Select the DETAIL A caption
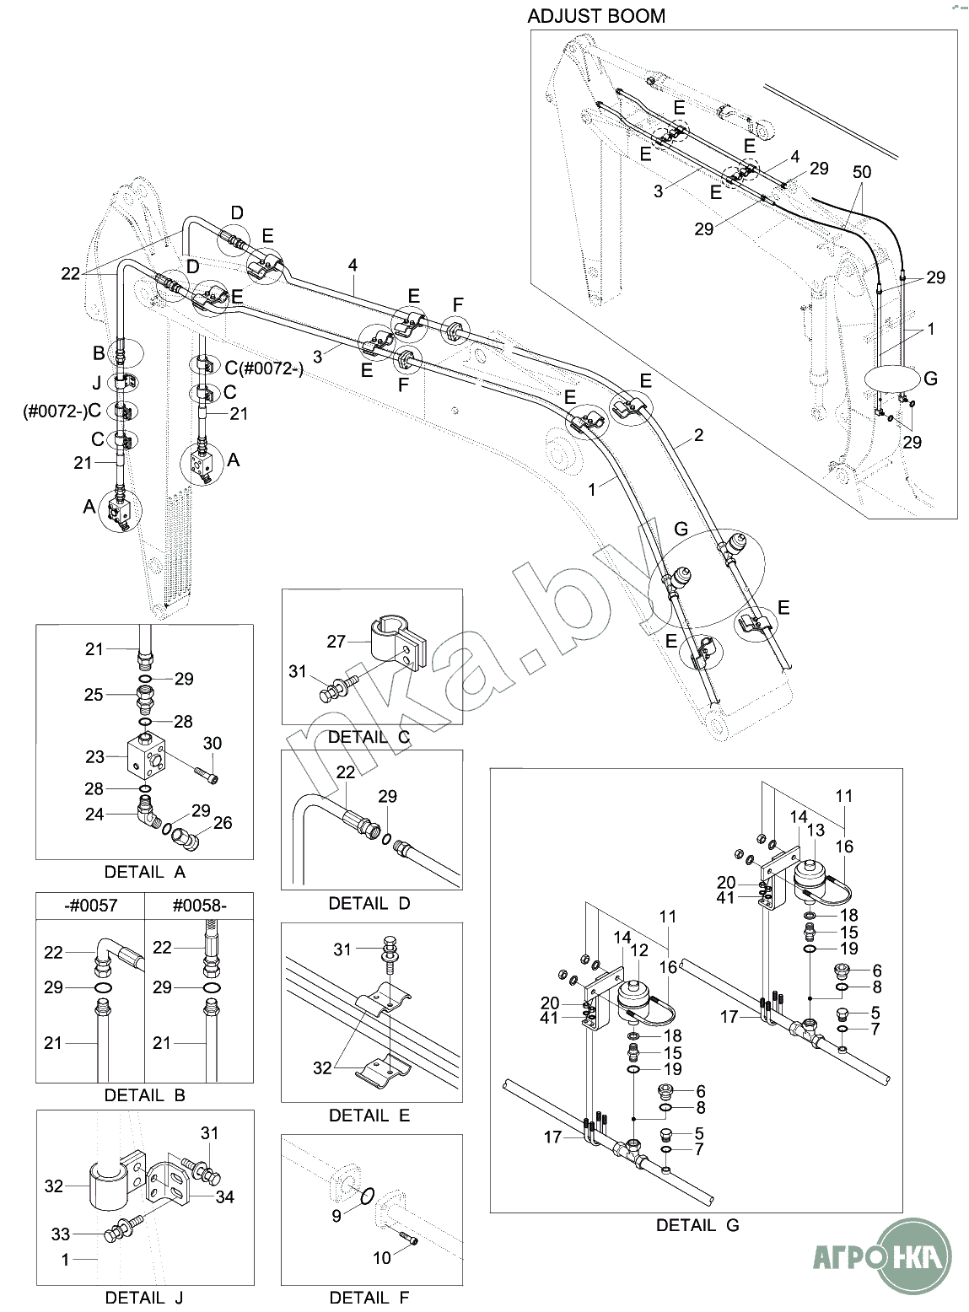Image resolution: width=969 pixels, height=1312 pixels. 144,872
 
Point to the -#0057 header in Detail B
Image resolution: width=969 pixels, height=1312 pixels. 90,906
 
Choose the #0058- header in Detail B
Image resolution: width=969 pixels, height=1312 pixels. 199,906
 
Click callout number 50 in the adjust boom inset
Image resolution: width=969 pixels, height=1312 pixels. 861,172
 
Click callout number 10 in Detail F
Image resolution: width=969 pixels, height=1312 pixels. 381,1258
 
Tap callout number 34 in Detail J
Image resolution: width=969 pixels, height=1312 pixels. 224,1196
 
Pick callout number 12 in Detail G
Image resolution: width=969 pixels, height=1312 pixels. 641,949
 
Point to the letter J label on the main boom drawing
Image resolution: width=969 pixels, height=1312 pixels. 97,382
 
